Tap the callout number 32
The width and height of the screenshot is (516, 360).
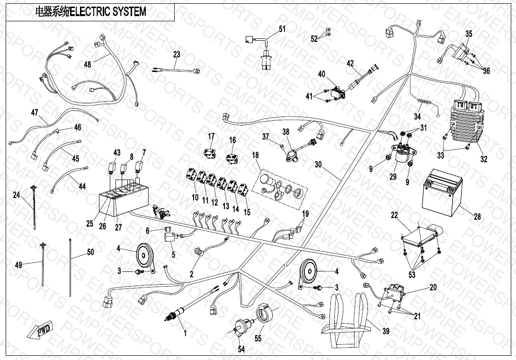pyautogui.click(x=483, y=159)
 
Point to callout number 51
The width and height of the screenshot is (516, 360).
pyautogui.click(x=282, y=29)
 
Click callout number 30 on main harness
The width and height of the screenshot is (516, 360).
pyautogui.click(x=318, y=164)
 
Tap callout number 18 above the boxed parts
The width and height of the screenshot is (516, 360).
pyautogui.click(x=255, y=155)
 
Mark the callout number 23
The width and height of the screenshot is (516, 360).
pyautogui.click(x=177, y=55)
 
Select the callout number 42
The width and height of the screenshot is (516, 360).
pyautogui.click(x=350, y=63)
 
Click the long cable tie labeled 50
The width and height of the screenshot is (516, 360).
pyautogui.click(x=70, y=268)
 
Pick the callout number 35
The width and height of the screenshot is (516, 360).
pyautogui.click(x=469, y=34)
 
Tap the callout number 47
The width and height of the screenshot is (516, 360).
pyautogui.click(x=34, y=113)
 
